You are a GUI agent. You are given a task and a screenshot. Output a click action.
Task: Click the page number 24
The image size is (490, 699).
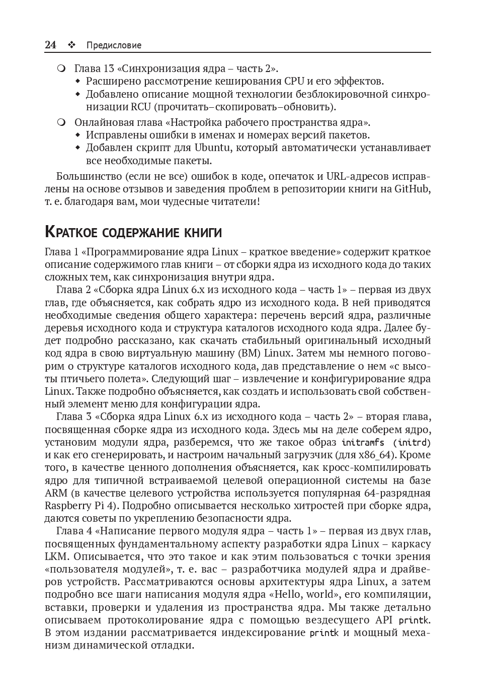(x=50, y=45)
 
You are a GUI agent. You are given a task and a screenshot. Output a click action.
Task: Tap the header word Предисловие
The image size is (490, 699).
(x=114, y=45)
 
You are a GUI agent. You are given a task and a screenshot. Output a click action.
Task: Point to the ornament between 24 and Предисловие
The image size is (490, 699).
(x=71, y=45)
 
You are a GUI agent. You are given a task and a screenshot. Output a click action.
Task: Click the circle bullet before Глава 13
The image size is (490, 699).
(x=61, y=68)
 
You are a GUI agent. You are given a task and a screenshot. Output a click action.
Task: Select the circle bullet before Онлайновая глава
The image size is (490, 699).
(x=61, y=122)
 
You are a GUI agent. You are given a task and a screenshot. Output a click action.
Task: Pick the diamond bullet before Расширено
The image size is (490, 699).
(x=77, y=81)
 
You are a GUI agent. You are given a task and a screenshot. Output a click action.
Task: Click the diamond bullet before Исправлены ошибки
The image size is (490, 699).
(x=77, y=135)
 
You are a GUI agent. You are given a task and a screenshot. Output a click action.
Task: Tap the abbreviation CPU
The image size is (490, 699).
(x=294, y=81)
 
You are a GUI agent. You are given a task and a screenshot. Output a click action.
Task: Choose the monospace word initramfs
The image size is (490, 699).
(x=363, y=443)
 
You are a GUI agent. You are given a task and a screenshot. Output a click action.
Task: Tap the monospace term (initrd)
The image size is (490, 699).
(x=412, y=443)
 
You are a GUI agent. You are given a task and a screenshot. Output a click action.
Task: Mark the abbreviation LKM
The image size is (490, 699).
(x=54, y=556)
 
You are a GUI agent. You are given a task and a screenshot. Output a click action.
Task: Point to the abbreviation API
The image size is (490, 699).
(x=383, y=620)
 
